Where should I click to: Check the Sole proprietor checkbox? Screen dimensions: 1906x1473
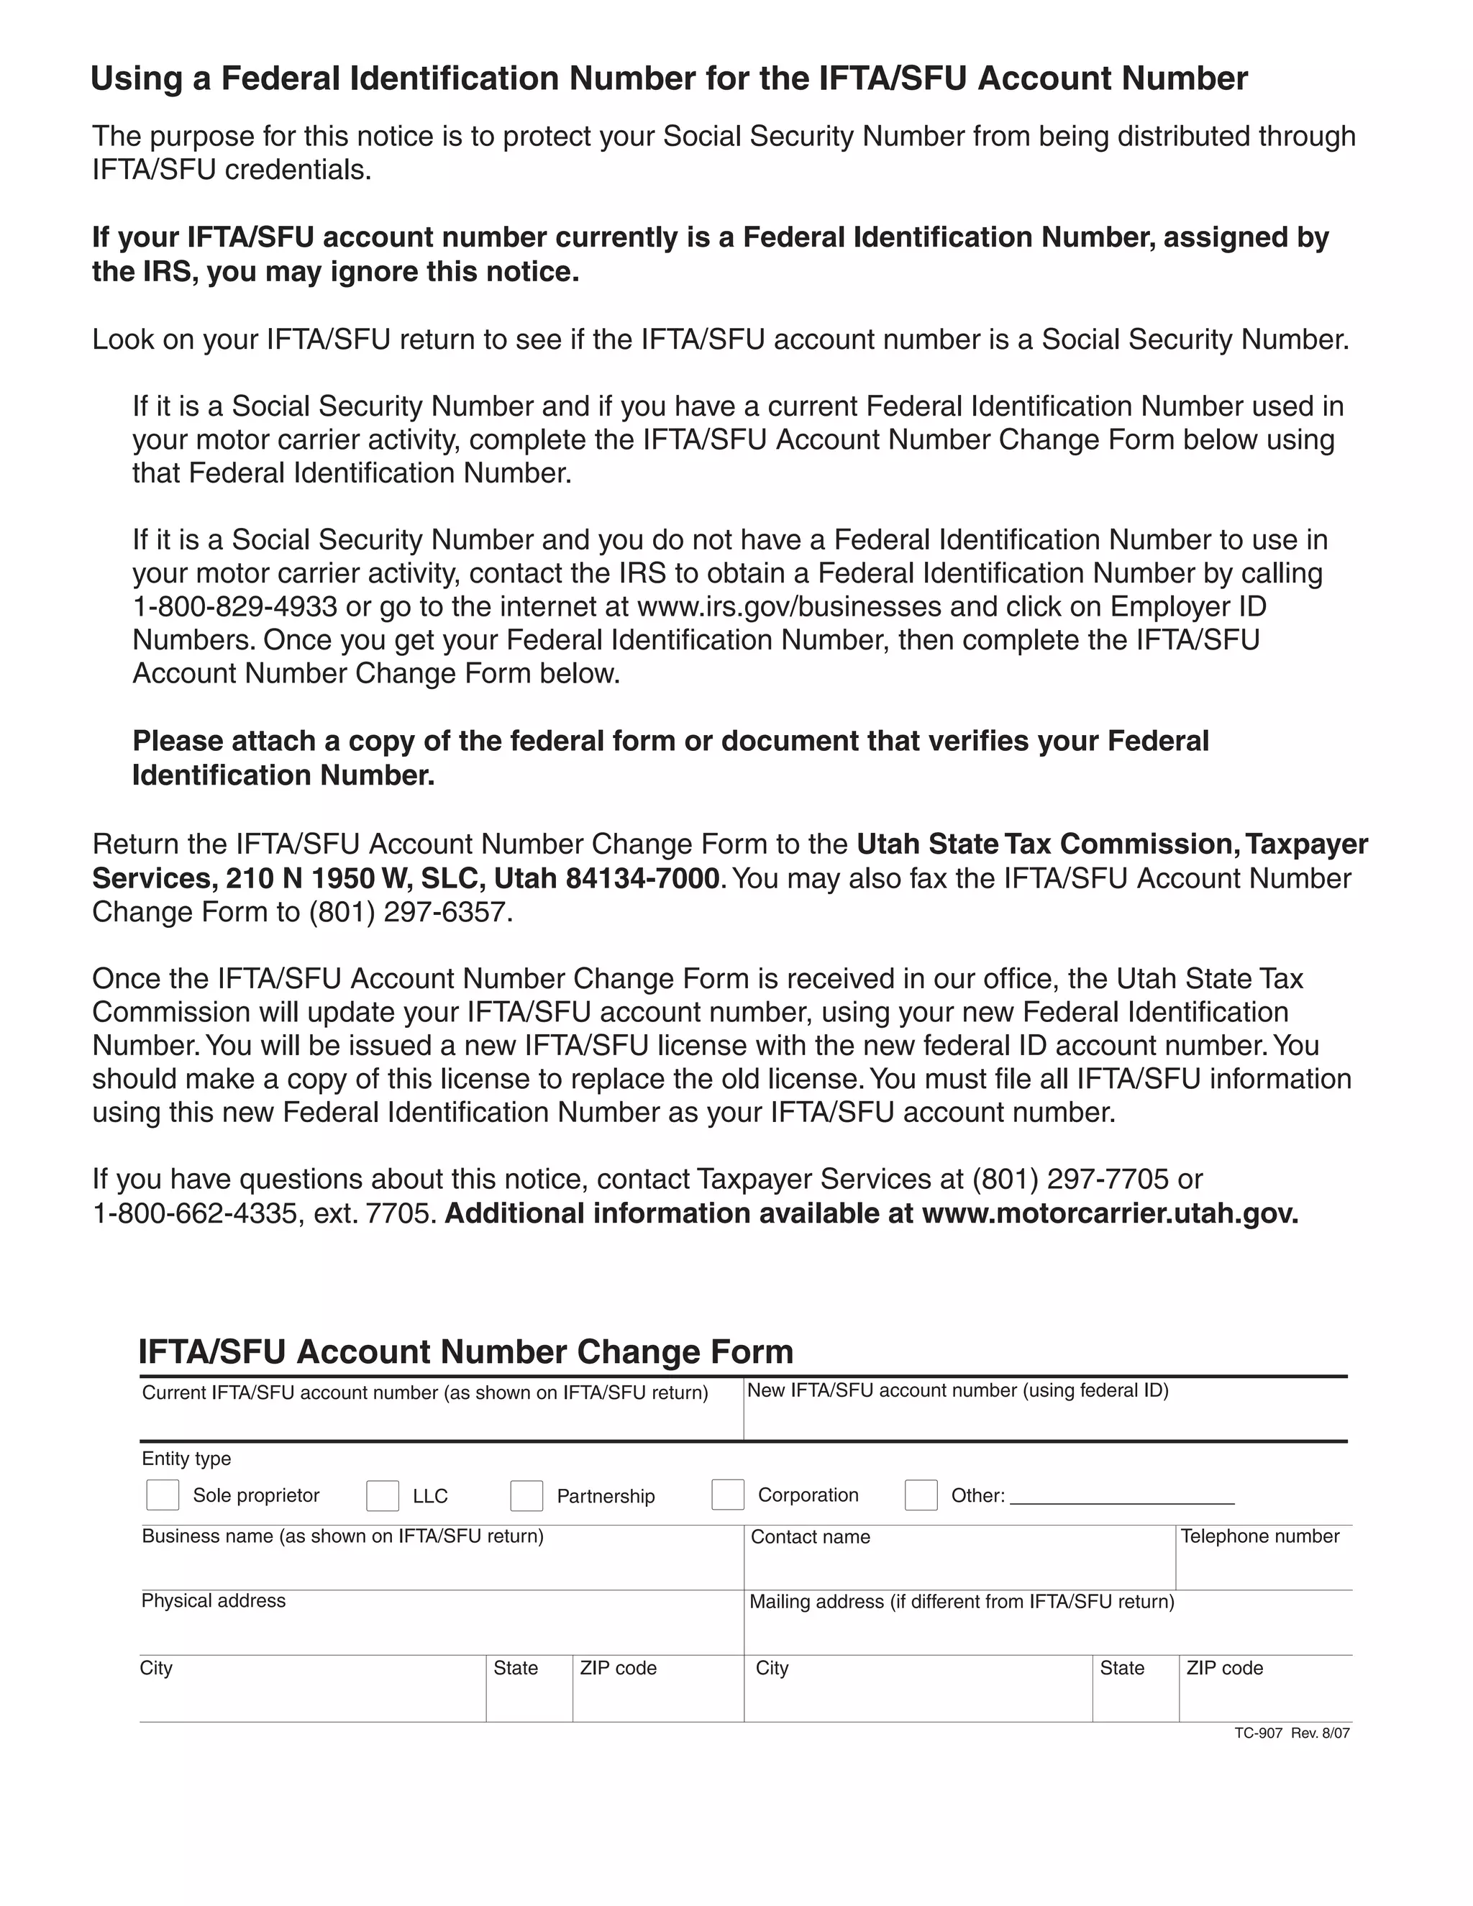(163, 1495)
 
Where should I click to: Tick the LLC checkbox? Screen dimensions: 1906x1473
(382, 1496)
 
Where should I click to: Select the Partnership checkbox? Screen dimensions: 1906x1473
(526, 1496)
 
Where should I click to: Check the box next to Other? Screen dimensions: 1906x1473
(921, 1495)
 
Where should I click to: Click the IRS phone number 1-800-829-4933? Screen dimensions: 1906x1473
(234, 606)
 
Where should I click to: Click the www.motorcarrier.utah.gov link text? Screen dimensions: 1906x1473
(1109, 1214)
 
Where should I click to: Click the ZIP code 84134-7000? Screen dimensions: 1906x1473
(643, 878)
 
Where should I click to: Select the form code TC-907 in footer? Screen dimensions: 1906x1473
(1257, 1733)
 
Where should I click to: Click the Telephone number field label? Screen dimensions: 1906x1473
(1259, 1536)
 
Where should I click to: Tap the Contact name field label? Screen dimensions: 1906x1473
(810, 1537)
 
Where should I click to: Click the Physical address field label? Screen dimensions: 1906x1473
(214, 1600)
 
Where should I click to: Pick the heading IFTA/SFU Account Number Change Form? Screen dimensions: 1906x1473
(466, 1352)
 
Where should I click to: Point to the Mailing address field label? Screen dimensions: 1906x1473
(962, 1602)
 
